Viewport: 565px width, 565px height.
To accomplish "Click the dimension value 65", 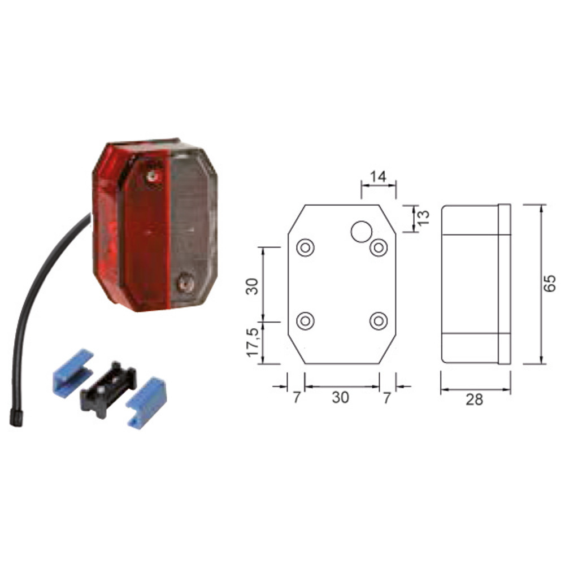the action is coord(550,283).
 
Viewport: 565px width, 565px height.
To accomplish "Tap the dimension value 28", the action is coord(474,399).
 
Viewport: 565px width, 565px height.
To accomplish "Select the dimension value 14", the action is coord(378,176).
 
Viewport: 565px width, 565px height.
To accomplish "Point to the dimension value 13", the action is coord(424,218).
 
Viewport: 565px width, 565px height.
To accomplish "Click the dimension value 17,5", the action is coord(253,342).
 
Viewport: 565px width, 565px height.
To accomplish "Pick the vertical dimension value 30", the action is coord(252,286).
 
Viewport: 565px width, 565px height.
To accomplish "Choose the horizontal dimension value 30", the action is coord(340,397).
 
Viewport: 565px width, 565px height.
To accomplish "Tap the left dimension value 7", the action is coord(296,397).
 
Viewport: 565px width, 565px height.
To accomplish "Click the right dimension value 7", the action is coord(386,397).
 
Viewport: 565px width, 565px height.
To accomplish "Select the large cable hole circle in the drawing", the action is coord(362,231).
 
